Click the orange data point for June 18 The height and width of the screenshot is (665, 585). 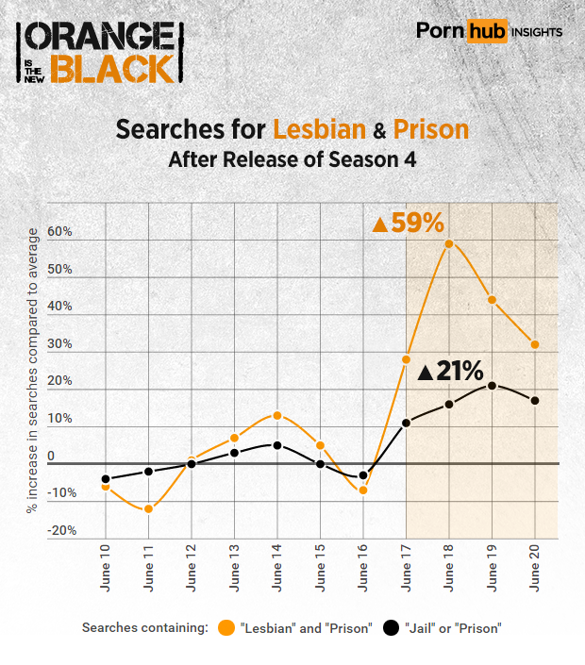pyautogui.click(x=449, y=243)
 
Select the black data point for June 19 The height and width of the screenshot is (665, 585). pyautogui.click(x=492, y=385)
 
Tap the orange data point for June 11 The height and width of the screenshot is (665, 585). pyautogui.click(x=147, y=509)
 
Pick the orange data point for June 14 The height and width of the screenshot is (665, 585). pyautogui.click(x=276, y=415)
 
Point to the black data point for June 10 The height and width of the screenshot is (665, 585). pyautogui.click(x=105, y=479)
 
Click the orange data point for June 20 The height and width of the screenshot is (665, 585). pyautogui.click(x=535, y=344)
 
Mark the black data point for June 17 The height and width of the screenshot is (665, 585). pyautogui.click(x=406, y=423)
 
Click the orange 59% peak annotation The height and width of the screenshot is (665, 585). pyautogui.click(x=409, y=224)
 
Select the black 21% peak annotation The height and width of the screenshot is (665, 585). pyautogui.click(x=450, y=371)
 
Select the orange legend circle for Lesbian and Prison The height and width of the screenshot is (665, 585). pyautogui.click(x=226, y=628)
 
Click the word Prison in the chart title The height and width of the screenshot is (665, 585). pyautogui.click(x=431, y=128)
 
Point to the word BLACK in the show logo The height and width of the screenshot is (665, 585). pyautogui.click(x=112, y=67)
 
